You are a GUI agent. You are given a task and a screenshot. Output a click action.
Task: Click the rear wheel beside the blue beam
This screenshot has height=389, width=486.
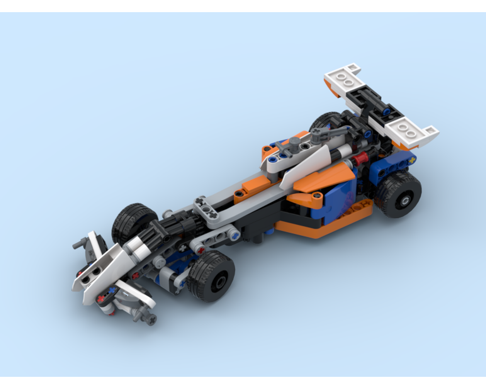tap(399, 194)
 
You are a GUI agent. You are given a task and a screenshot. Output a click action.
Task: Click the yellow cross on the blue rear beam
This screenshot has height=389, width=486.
tap(412, 159)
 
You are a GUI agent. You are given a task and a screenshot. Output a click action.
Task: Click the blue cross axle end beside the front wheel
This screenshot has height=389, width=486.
tap(236, 236)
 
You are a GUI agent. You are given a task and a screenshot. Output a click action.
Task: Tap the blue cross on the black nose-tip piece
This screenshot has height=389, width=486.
tap(112, 290)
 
